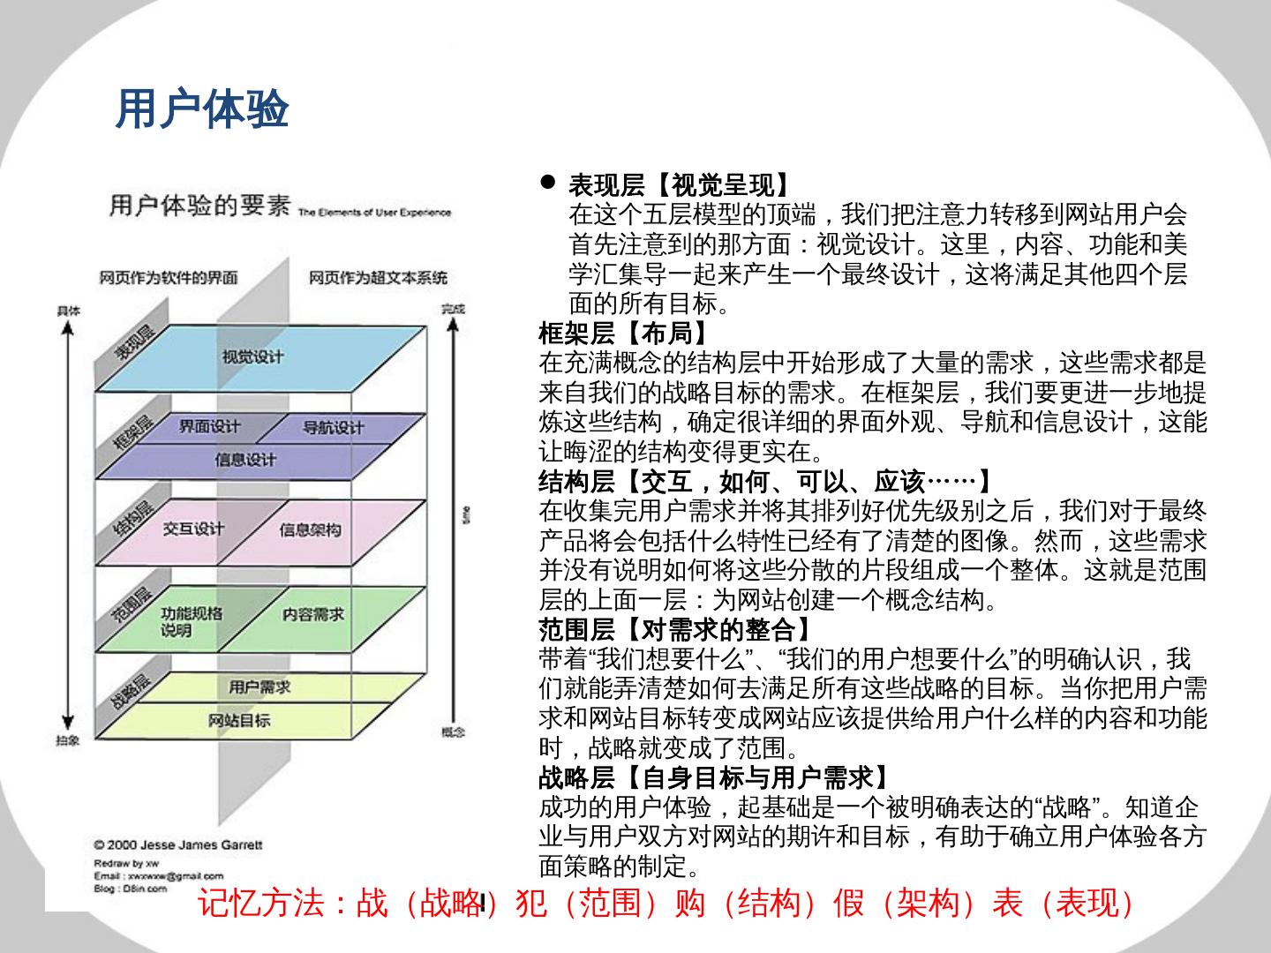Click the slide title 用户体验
pyautogui.click(x=202, y=109)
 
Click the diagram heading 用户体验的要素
pyautogui.click(x=199, y=206)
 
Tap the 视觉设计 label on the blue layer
pyautogui.click(x=252, y=356)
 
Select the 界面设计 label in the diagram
pyautogui.click(x=209, y=426)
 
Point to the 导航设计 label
pyautogui.click(x=333, y=428)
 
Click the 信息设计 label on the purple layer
pyautogui.click(x=245, y=460)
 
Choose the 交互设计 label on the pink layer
pyautogui.click(x=193, y=529)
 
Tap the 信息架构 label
pyautogui.click(x=310, y=529)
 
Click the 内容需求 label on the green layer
pyautogui.click(x=313, y=614)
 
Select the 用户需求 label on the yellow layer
pyautogui.click(x=259, y=687)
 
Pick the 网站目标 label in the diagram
pyautogui.click(x=240, y=720)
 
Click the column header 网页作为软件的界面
pyautogui.click(x=169, y=278)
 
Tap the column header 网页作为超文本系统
pyautogui.click(x=378, y=278)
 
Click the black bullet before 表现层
pyautogui.click(x=548, y=183)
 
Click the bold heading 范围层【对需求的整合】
pyautogui.click(x=676, y=630)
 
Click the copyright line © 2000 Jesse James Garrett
pyautogui.click(x=178, y=844)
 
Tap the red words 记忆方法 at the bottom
pyautogui.click(x=261, y=904)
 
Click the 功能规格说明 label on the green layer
pyautogui.click(x=191, y=622)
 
